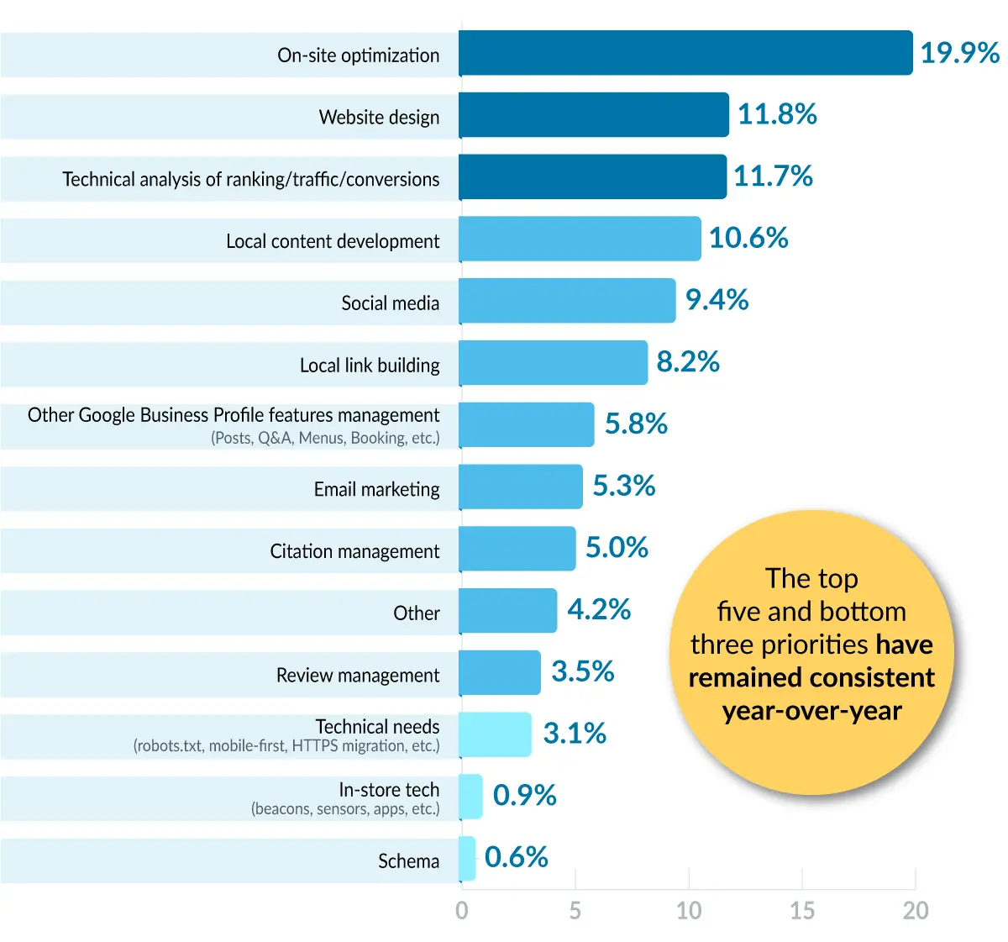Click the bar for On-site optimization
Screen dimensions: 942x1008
click(x=685, y=53)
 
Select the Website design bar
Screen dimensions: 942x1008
click(x=593, y=115)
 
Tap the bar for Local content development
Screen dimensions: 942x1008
click(x=580, y=239)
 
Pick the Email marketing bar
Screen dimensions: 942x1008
click(x=520, y=487)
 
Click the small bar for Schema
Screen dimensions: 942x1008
click(x=467, y=858)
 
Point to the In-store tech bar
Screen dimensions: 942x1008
click(x=470, y=796)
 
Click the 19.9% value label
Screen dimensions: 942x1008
click(x=959, y=53)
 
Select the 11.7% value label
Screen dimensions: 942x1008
click(x=773, y=176)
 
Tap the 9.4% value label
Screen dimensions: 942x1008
click(x=717, y=300)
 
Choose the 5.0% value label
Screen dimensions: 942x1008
click(x=617, y=548)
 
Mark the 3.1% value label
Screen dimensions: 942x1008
click(x=575, y=734)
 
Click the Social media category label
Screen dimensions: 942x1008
click(x=390, y=303)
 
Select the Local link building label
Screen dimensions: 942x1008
click(x=370, y=366)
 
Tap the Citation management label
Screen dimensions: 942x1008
click(x=354, y=551)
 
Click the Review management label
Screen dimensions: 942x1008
click(x=358, y=676)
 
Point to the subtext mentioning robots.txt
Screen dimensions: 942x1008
click(x=286, y=746)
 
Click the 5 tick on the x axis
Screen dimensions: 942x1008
click(x=575, y=911)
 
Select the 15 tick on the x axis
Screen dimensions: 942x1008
click(x=801, y=911)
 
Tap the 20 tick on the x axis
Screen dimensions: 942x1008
click(x=915, y=911)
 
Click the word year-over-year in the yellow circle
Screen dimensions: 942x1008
click(x=811, y=711)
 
